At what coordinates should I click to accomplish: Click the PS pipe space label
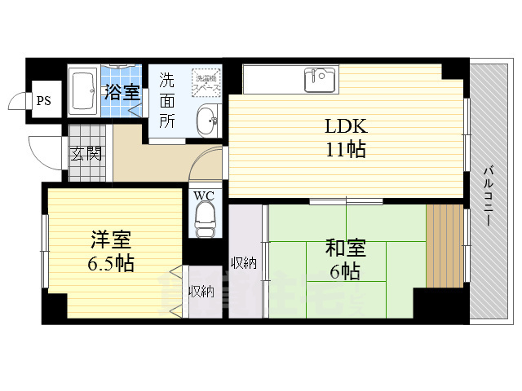43,101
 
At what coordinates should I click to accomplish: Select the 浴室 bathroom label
122,91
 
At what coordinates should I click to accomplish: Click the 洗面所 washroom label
167,100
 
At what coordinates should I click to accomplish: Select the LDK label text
346,126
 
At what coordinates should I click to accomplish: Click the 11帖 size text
346,149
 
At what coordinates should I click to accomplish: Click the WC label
203,195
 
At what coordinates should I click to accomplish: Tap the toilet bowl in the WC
204,218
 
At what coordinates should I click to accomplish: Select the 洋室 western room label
111,240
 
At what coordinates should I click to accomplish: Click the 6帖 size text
347,272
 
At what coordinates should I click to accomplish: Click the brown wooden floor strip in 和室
444,245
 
